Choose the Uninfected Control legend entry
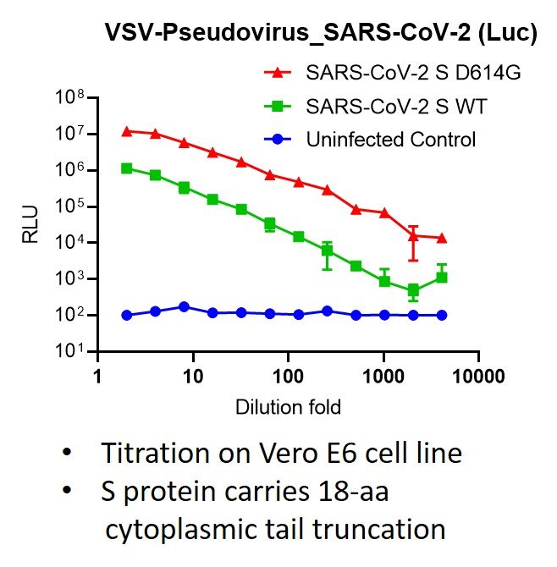point(379,140)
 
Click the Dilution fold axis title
point(288,408)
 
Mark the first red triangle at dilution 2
point(127,131)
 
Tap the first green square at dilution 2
point(127,168)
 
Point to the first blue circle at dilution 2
point(127,315)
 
